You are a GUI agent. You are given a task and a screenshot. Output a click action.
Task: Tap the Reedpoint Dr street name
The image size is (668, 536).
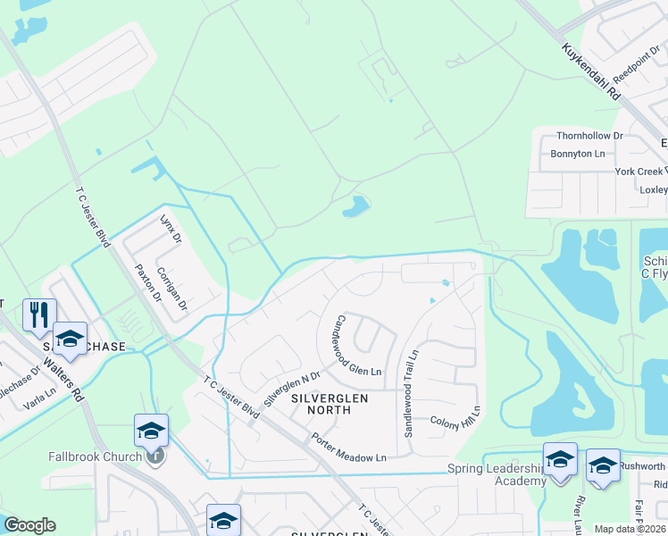(634, 85)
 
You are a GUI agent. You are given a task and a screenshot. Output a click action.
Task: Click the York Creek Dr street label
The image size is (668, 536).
(640, 171)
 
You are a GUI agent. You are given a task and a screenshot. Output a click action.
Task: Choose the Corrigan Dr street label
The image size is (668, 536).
(172, 288)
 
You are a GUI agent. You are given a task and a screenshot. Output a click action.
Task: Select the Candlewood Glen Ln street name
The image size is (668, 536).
(357, 345)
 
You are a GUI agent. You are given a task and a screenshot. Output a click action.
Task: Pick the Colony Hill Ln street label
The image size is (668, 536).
(455, 422)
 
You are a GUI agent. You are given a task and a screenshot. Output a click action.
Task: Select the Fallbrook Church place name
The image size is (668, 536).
(95, 456)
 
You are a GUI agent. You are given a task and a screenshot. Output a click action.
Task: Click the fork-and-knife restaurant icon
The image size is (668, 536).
(39, 314)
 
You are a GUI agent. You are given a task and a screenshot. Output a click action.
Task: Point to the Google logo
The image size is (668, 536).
(29, 525)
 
